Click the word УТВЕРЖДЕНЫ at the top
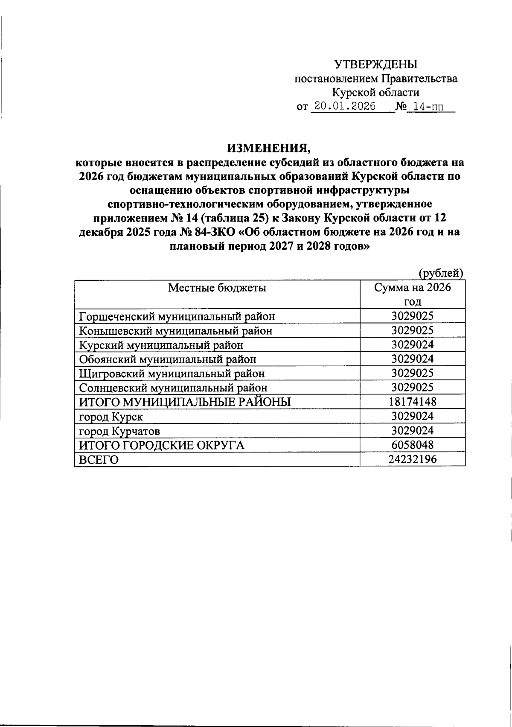pos(376,65)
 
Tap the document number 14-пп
pos(425,106)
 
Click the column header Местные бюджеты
pos(217,288)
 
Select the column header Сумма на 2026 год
pos(412,295)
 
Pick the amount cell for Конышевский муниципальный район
pos(412,330)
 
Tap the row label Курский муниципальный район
pos(161,345)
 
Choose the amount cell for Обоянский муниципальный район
pos(412,359)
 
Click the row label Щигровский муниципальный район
pos(172,374)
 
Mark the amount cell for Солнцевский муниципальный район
pos(412,388)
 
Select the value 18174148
pos(412,402)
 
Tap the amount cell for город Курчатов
pos(412,430)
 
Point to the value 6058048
pos(412,445)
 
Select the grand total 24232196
pos(412,459)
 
